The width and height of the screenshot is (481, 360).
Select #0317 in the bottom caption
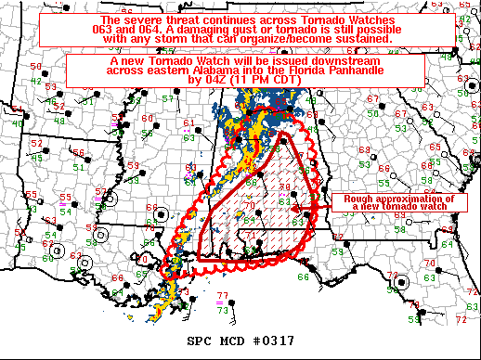pyautogui.click(x=272, y=341)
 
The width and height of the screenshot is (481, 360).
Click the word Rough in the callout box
pyautogui.click(x=359, y=199)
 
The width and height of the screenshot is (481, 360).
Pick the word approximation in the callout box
pyautogui.click(x=416, y=199)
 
